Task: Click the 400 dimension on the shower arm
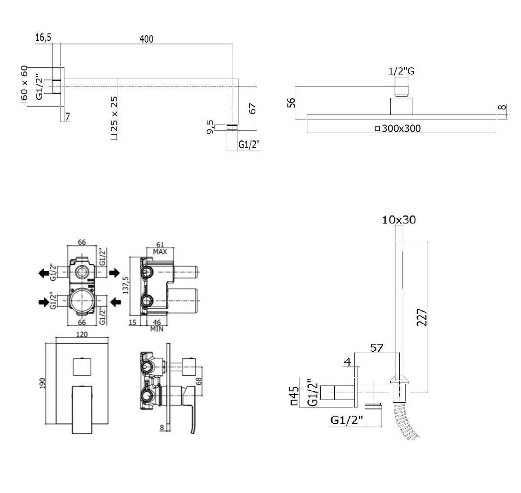146,39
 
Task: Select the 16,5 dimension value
43,37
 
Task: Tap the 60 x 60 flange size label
24,87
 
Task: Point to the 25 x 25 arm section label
114,117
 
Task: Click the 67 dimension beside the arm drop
252,109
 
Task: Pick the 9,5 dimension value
210,127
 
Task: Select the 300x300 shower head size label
398,129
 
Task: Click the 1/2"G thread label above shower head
401,71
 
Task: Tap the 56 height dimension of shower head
291,103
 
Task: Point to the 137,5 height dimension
125,285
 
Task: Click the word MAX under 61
160,252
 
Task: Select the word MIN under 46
157,329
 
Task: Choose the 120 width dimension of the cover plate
82,334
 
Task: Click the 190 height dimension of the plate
42,383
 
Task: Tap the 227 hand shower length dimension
422,317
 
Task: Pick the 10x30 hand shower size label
399,220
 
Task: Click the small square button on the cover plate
82,366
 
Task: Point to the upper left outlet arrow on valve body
43,273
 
